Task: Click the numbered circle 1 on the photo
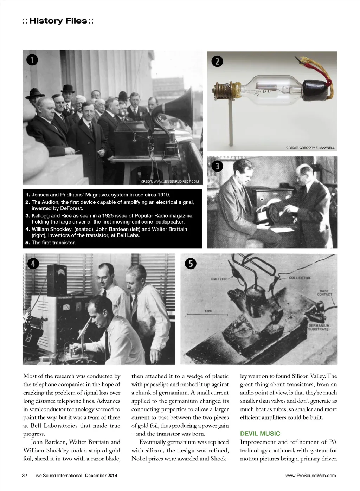click(x=32, y=60)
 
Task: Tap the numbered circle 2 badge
click(x=217, y=62)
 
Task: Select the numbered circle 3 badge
click(x=217, y=166)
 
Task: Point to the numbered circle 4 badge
click(x=33, y=264)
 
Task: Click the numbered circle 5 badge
click(x=191, y=264)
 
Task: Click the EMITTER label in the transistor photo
click(x=219, y=279)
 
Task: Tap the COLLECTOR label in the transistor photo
click(x=300, y=278)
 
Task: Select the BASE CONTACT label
click(x=324, y=293)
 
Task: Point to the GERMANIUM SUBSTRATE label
click(x=319, y=327)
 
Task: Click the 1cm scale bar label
click(x=208, y=311)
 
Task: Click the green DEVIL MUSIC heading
click(x=260, y=434)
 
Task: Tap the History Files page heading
click(x=58, y=21)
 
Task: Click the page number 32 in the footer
click(x=25, y=476)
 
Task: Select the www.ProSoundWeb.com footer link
click(x=310, y=476)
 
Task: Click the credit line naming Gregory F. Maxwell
click(x=310, y=148)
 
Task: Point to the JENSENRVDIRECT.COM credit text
click(x=170, y=181)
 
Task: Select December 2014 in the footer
click(x=101, y=476)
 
